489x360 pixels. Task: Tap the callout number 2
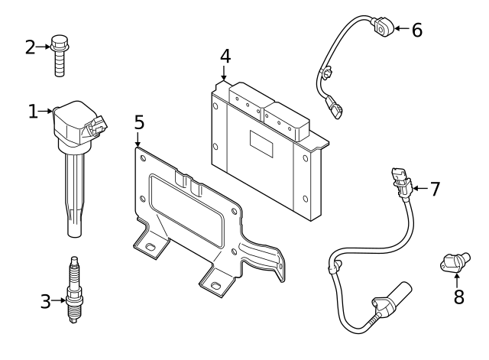pos(31,47)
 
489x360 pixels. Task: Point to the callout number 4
pos(224,56)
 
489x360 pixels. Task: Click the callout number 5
pos(138,122)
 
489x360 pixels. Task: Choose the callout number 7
pos(435,189)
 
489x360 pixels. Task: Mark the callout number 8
pos(458,296)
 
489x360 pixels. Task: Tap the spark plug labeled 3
pos(74,294)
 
